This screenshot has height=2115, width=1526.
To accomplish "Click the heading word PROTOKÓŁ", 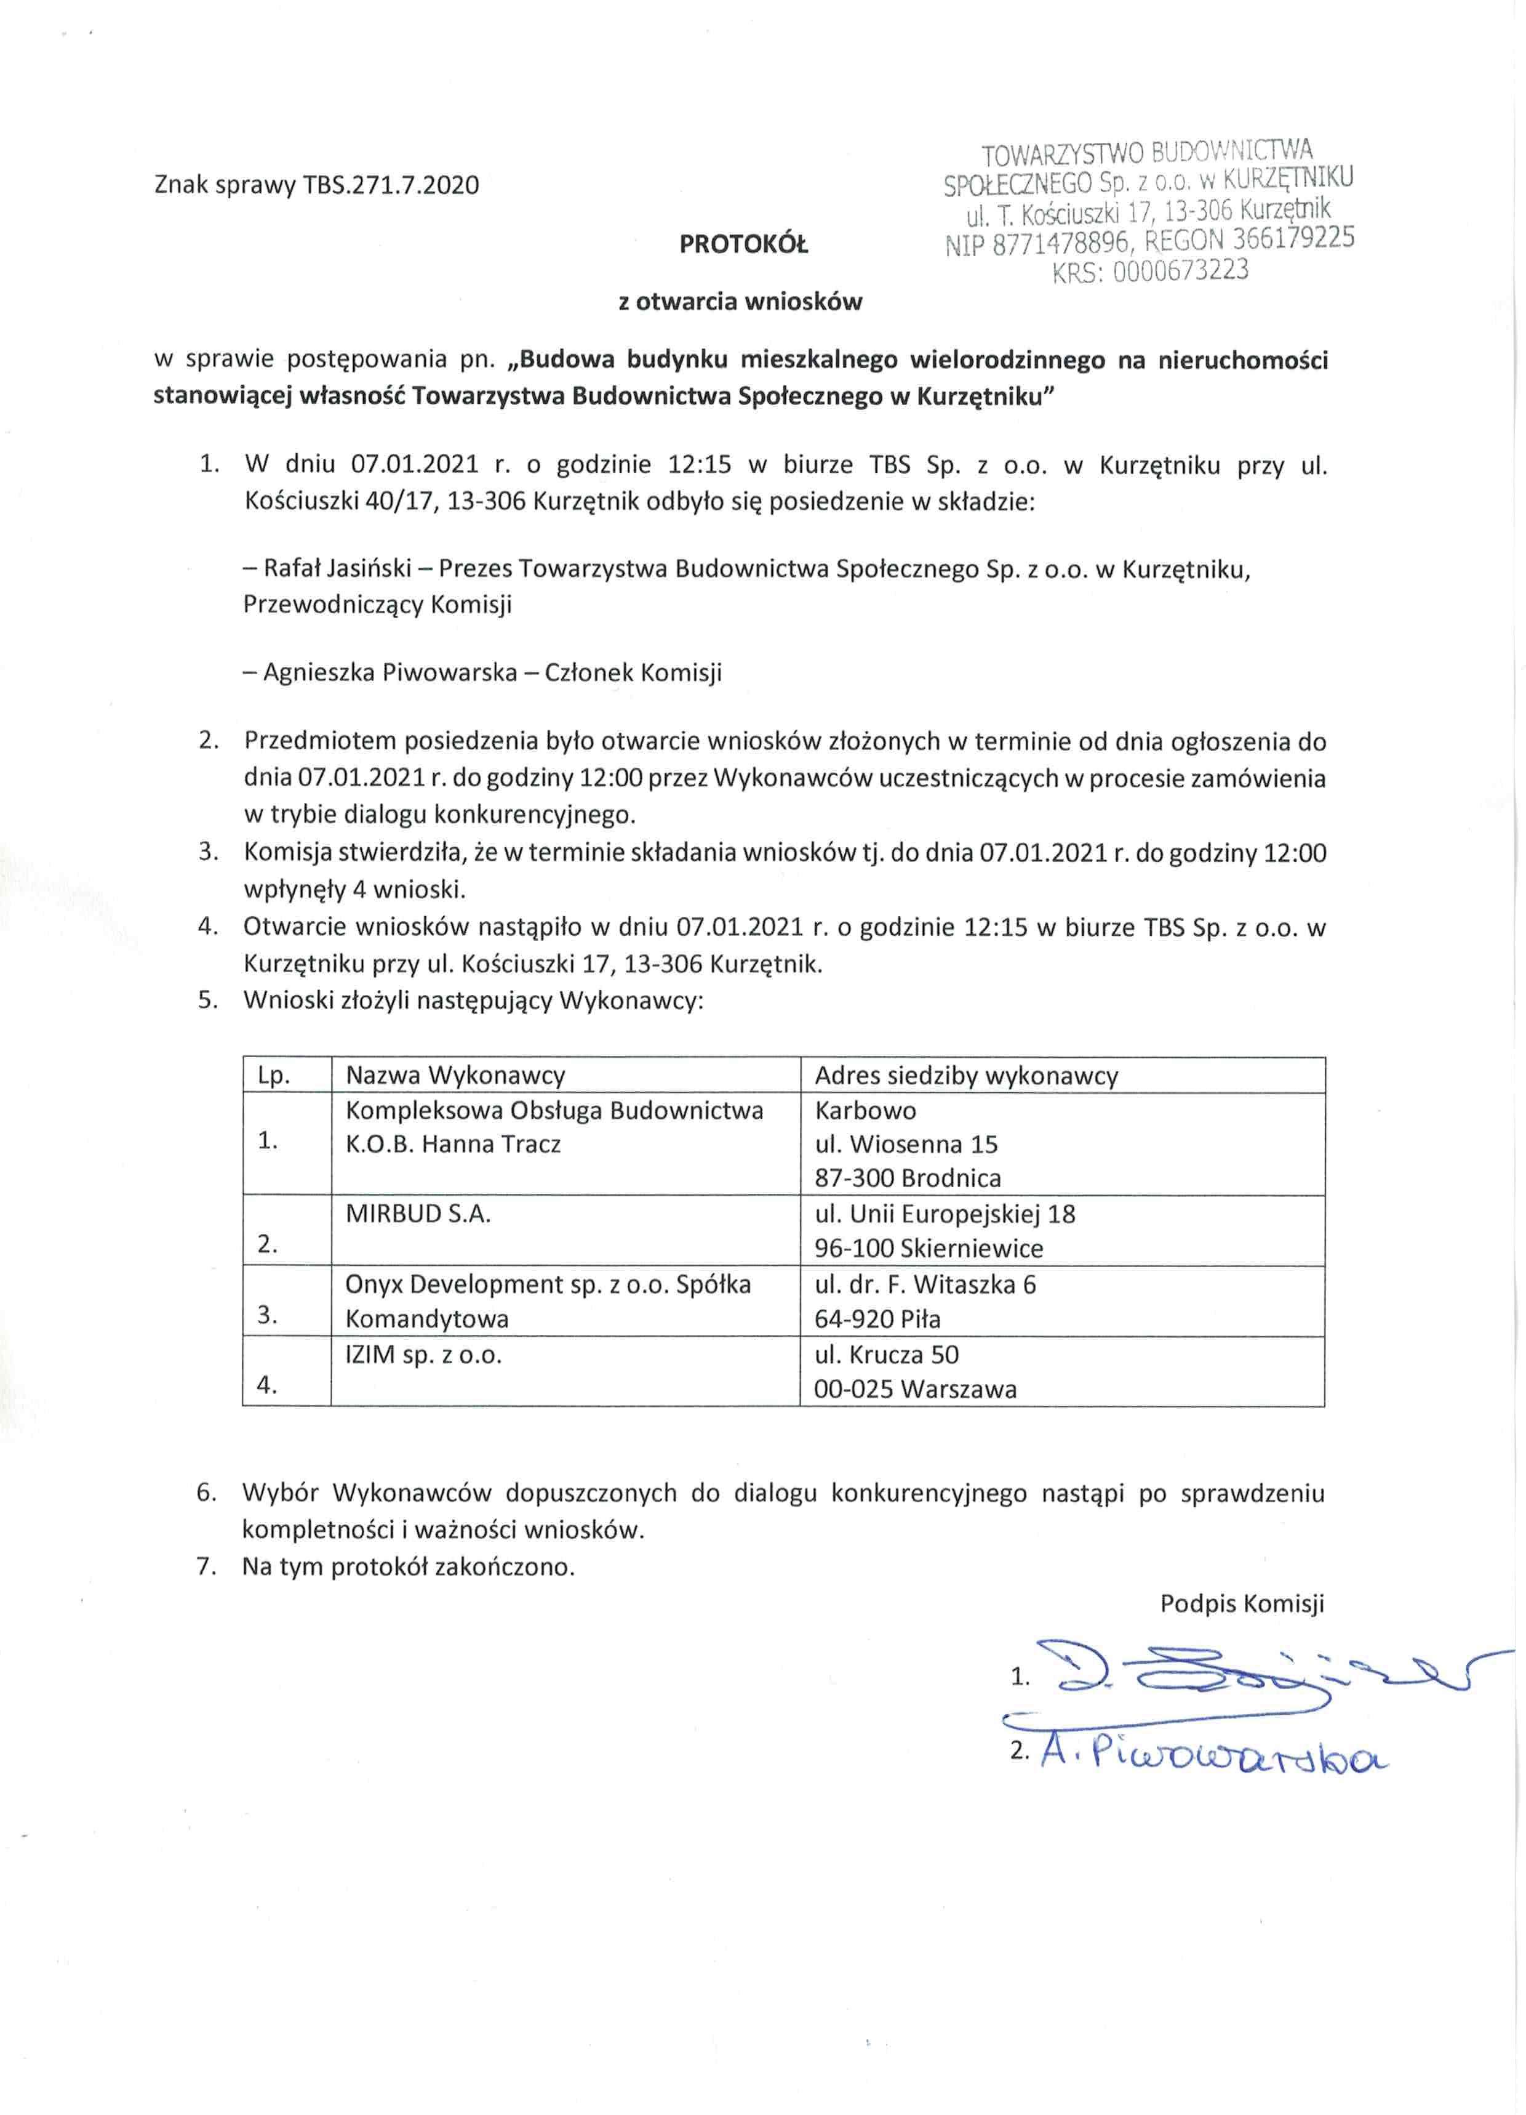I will pos(743,244).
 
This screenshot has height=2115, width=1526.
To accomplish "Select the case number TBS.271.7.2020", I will pos(391,185).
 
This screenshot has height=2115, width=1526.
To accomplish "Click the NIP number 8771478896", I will pos(1062,243).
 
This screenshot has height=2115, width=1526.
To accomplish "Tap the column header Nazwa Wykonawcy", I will pos(455,1075).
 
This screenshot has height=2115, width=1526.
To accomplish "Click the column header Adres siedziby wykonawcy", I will pos(966,1075).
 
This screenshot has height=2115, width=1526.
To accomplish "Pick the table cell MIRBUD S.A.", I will pos(418,1213).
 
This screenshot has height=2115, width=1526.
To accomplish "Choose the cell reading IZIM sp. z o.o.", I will pos(423,1354).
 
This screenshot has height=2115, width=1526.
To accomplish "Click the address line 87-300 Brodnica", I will pos(907,1178).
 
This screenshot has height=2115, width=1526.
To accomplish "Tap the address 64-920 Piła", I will pos(877,1319).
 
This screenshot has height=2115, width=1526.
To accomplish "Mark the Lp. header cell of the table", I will pos(274,1075).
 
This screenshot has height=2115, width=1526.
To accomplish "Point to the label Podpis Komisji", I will pos(1240,1603).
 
